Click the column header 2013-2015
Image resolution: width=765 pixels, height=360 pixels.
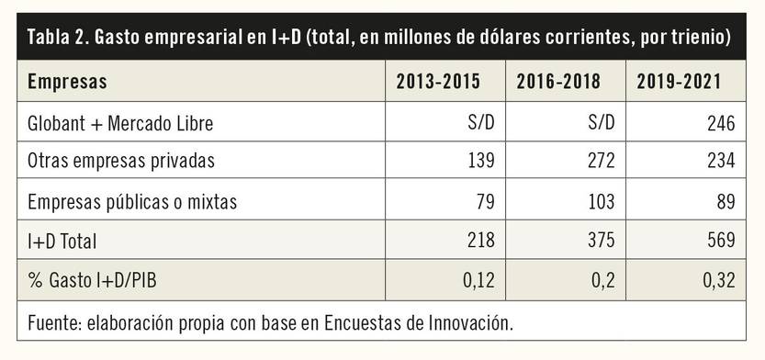pos(438,82)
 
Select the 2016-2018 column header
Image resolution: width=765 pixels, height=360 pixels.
pos(558,82)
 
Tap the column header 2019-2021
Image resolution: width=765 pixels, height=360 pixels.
pos(679,82)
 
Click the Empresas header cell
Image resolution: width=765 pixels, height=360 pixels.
pos(67,82)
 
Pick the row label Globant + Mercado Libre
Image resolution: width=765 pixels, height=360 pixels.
pos(121,122)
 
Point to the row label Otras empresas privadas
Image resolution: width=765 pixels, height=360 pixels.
pos(121,161)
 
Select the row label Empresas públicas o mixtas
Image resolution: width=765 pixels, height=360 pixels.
pos(130,200)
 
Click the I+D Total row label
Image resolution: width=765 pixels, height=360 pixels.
pos(62,242)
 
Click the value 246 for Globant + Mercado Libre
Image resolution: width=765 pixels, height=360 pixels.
pos(721,122)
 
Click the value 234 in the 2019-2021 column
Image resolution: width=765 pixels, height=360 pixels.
pos(721,161)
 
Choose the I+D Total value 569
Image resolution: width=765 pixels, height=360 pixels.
pos(721,242)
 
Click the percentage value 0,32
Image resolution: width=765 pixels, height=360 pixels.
pos(719,280)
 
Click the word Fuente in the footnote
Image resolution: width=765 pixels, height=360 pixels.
pos(53,323)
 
